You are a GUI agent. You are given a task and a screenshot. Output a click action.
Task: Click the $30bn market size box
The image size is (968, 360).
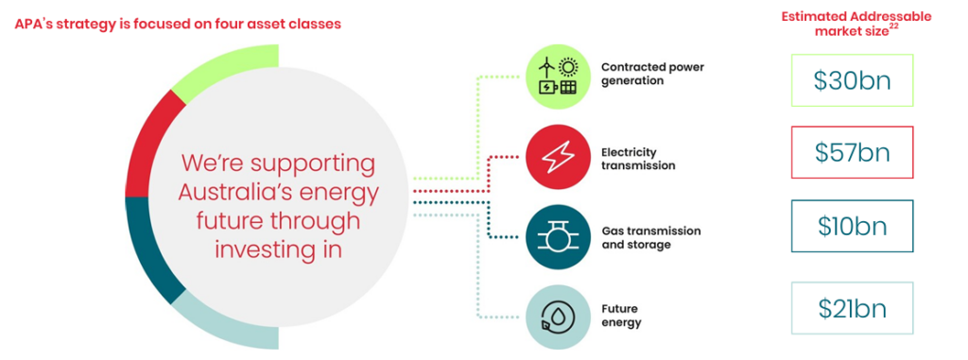click(852, 80)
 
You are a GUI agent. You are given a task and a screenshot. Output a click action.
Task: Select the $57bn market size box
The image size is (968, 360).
click(852, 152)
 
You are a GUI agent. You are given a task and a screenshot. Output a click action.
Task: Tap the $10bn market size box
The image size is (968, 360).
click(852, 226)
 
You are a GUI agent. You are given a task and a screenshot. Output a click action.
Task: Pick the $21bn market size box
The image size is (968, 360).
click(852, 308)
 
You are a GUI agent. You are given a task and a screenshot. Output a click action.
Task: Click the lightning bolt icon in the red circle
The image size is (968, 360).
click(558, 158)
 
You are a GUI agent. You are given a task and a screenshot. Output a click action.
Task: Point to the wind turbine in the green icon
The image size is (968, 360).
click(546, 67)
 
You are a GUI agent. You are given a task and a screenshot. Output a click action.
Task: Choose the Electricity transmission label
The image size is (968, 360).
click(638, 158)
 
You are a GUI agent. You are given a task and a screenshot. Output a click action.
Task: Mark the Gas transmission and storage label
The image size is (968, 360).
click(650, 238)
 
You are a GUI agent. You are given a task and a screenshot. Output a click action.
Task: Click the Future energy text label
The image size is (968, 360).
click(621, 315)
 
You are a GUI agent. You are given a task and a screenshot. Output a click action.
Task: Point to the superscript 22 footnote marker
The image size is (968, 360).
click(892, 26)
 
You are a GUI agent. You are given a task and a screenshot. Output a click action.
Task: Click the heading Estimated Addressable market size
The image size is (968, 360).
click(856, 24)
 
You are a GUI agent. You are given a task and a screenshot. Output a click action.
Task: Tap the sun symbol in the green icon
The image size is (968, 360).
click(567, 67)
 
